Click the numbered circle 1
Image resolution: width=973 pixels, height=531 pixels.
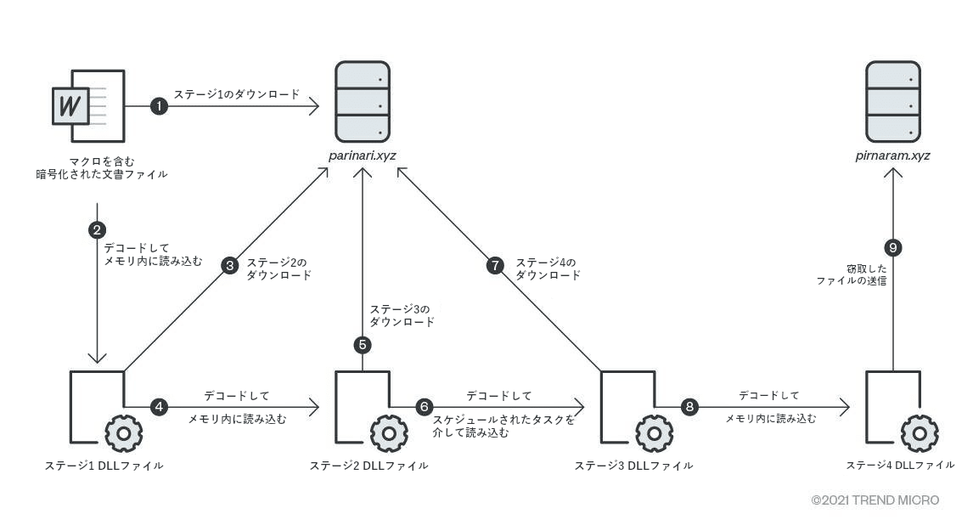(x=158, y=106)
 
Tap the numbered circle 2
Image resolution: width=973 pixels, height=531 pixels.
(x=98, y=229)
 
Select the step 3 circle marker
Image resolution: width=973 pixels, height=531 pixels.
(x=229, y=266)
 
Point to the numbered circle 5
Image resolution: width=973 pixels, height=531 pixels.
(x=363, y=345)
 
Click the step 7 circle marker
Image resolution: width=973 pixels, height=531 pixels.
(x=495, y=266)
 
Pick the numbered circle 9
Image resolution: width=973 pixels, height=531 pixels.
(x=892, y=247)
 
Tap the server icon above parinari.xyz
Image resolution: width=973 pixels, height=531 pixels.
(x=363, y=102)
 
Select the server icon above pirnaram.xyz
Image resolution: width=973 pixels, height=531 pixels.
(x=892, y=102)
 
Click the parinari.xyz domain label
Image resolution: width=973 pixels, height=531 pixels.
(x=363, y=155)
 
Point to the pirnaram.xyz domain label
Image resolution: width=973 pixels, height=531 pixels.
(x=892, y=155)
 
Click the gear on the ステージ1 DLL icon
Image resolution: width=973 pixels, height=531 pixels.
(x=124, y=433)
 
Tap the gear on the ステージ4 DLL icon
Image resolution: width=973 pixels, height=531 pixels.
(x=920, y=433)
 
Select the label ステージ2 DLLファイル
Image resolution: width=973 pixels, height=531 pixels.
(x=368, y=466)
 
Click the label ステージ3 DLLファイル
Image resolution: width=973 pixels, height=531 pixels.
(x=633, y=466)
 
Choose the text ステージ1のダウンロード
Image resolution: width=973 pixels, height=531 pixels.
(x=237, y=94)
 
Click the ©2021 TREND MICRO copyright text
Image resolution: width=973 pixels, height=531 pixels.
(x=875, y=500)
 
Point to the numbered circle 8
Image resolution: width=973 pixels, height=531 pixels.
(x=689, y=407)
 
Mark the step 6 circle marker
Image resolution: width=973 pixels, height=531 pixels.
(x=425, y=407)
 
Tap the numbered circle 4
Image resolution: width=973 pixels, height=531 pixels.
(x=159, y=407)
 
